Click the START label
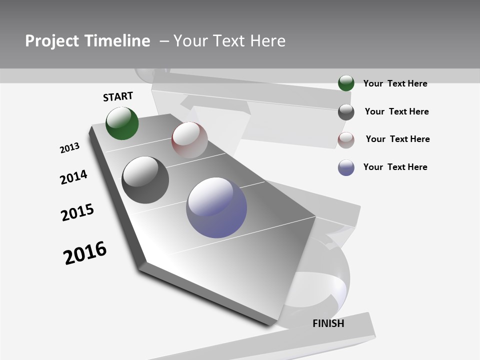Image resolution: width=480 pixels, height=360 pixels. click(118, 96)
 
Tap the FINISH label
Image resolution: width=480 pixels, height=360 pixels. click(328, 323)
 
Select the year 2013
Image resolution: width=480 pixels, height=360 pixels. click(69, 148)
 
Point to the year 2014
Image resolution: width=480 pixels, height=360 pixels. click(73, 177)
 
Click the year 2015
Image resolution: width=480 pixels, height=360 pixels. click(77, 212)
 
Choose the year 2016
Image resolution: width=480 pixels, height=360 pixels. click(85, 253)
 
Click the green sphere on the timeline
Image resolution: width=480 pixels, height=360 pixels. click(122, 123)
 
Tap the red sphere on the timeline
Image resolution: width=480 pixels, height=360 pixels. click(189, 140)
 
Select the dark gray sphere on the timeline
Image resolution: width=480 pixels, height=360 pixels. click(145, 180)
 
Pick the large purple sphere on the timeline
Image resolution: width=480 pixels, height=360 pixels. click(216, 207)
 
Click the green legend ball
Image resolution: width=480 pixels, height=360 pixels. click(346, 83)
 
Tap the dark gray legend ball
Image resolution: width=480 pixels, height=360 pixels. click(346, 112)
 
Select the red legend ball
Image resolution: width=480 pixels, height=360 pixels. click(346, 140)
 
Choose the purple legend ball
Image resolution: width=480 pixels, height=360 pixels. click(346, 167)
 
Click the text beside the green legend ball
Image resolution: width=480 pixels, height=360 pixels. click(395, 83)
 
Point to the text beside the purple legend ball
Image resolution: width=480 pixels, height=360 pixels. click(395, 167)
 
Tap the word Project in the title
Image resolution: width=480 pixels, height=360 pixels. click(51, 41)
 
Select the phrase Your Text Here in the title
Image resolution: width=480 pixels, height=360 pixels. click(229, 41)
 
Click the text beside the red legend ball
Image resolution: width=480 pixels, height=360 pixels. click(397, 139)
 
